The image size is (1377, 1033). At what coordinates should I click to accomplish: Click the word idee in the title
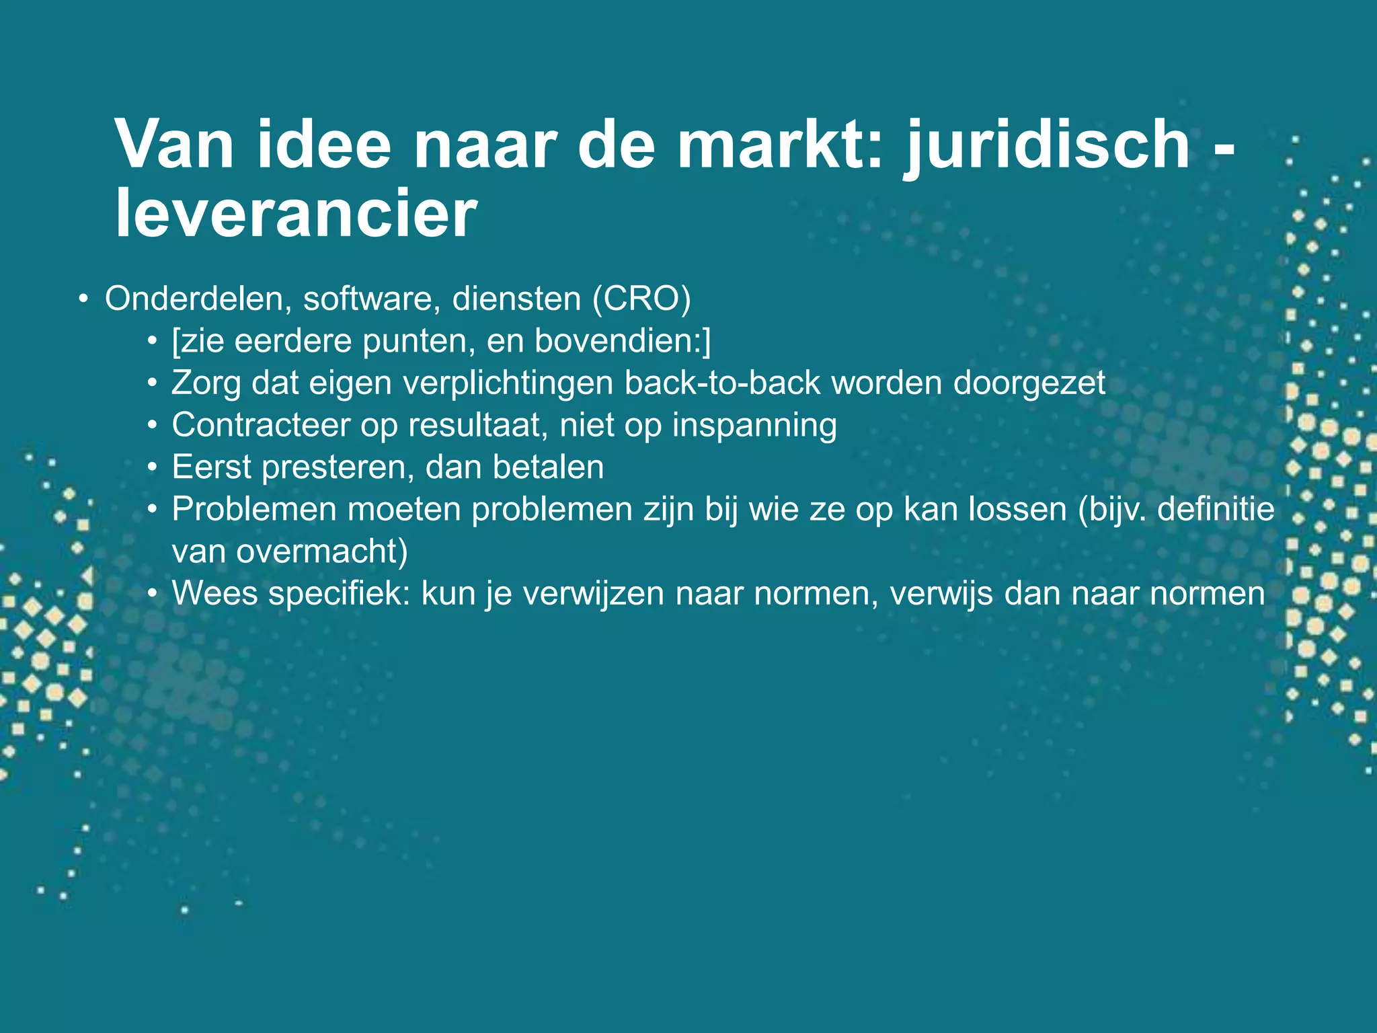tap(323, 146)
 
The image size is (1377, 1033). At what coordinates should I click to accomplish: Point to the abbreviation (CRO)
tap(641, 299)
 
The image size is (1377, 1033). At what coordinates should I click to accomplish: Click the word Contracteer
tap(261, 426)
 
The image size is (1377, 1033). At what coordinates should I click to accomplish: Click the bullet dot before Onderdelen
tap(82, 299)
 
